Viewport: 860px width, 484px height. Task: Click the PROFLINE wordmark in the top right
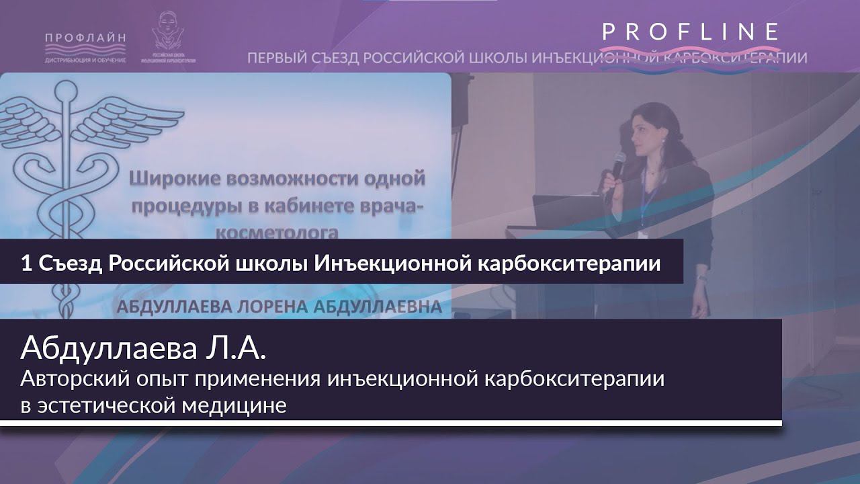coord(691,32)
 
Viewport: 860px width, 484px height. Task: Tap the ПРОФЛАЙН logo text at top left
coord(85,38)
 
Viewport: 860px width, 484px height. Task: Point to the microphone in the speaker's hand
coord(617,163)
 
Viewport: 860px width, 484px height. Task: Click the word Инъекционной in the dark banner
coord(393,264)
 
